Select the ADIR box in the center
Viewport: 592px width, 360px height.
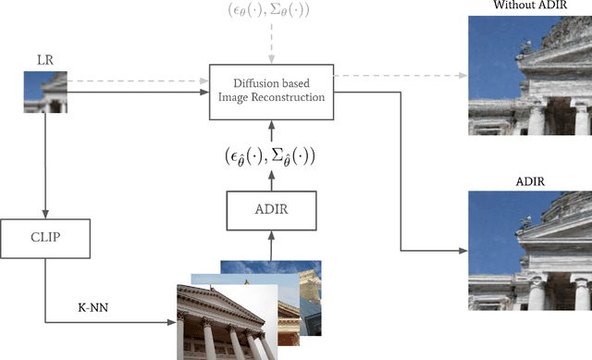tap(270, 210)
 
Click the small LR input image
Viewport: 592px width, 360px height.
tap(44, 93)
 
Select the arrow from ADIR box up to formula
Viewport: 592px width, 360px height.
tap(270, 180)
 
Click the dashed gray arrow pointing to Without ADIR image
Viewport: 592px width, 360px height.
tap(398, 76)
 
